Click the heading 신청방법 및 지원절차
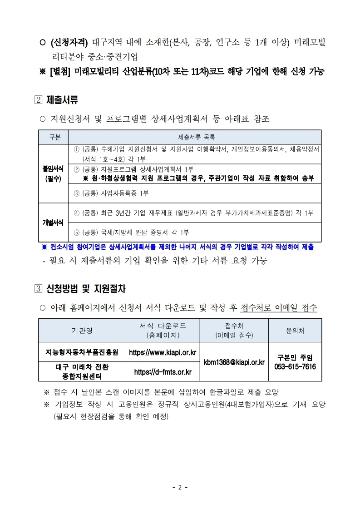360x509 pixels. [x=86, y=288]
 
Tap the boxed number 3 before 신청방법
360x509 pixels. [x=38, y=288]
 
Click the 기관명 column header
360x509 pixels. [x=82, y=331]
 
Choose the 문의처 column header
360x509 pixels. [x=295, y=331]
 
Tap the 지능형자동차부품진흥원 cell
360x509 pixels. [x=82, y=352]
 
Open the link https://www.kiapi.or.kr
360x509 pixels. [x=163, y=352]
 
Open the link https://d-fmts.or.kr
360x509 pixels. [x=163, y=372]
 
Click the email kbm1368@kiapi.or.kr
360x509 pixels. [x=234, y=362]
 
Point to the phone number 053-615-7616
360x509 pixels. [x=295, y=366]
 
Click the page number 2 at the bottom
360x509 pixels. [x=180, y=488]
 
